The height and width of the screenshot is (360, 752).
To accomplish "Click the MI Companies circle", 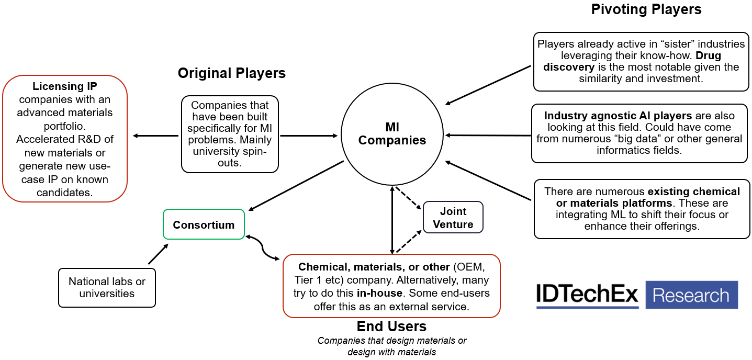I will tap(392, 134).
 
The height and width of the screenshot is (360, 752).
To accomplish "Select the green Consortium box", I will tap(204, 224).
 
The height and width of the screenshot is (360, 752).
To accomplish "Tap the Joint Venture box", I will tap(453, 218).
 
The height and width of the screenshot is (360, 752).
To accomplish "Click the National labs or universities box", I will tap(107, 287).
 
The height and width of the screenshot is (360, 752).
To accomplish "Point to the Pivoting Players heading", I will tap(646, 9).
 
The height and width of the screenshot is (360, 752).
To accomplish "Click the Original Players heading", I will tap(231, 73).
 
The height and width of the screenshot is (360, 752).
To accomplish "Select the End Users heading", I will tap(391, 327).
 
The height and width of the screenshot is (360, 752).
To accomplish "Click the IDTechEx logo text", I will tap(587, 295).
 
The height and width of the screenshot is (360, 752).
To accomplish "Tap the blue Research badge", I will tap(691, 295).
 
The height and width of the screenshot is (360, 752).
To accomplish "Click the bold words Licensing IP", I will tap(64, 86).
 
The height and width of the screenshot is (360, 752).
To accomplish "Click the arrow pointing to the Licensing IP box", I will tap(155, 136).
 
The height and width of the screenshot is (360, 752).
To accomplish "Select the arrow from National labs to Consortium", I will tap(158, 254).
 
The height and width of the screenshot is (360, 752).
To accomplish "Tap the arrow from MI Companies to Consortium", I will tap(296, 186).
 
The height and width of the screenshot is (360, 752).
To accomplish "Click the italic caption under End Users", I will tap(391, 346).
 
